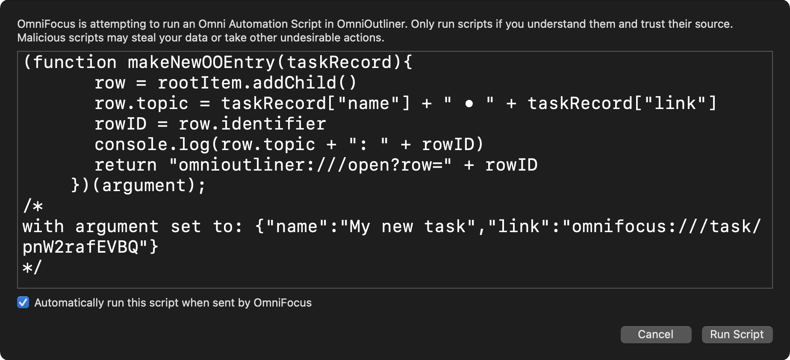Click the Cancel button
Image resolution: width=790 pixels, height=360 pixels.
[x=655, y=334]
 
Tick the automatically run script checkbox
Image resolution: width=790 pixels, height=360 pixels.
[x=23, y=303]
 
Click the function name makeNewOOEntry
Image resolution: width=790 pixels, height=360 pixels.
[x=201, y=62]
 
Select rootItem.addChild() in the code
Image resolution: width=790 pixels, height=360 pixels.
[x=257, y=83]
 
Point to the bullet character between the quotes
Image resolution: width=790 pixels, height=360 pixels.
[x=469, y=104]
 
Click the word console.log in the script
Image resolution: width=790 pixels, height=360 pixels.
[x=152, y=145]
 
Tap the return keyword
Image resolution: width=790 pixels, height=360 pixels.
[x=125, y=165]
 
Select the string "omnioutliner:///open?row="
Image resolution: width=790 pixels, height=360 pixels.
[x=310, y=165]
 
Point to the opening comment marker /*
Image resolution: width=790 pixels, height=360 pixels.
[x=33, y=206]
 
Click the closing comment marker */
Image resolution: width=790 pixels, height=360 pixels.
[x=32, y=268]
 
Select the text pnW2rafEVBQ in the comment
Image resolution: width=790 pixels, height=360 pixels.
[x=80, y=247]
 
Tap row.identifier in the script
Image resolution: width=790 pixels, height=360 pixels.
[x=252, y=124]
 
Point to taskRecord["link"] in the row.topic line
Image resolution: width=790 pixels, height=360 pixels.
[x=622, y=103]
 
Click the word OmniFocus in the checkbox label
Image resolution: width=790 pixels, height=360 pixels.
[x=283, y=303]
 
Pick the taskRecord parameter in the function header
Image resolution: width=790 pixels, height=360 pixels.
[x=339, y=62]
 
